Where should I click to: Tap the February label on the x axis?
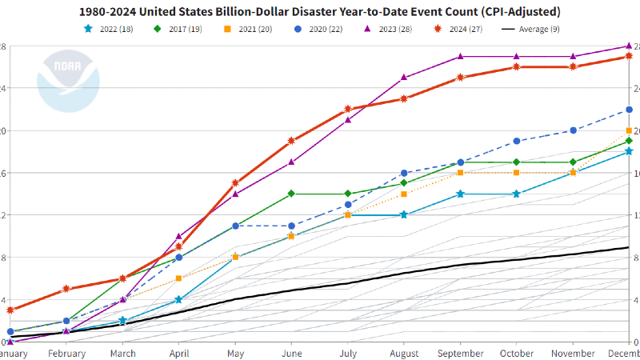(66, 353)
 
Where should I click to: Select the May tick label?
(235, 353)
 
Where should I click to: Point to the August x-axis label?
(404, 353)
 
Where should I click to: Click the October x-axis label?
(516, 353)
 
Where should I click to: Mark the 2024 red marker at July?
(348, 109)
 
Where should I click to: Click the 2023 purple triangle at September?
(460, 57)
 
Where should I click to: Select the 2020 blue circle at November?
(573, 130)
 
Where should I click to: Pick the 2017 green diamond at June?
(291, 194)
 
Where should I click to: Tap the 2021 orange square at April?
(179, 278)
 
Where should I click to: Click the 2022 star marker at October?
(516, 194)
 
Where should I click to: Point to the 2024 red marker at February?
(66, 289)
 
